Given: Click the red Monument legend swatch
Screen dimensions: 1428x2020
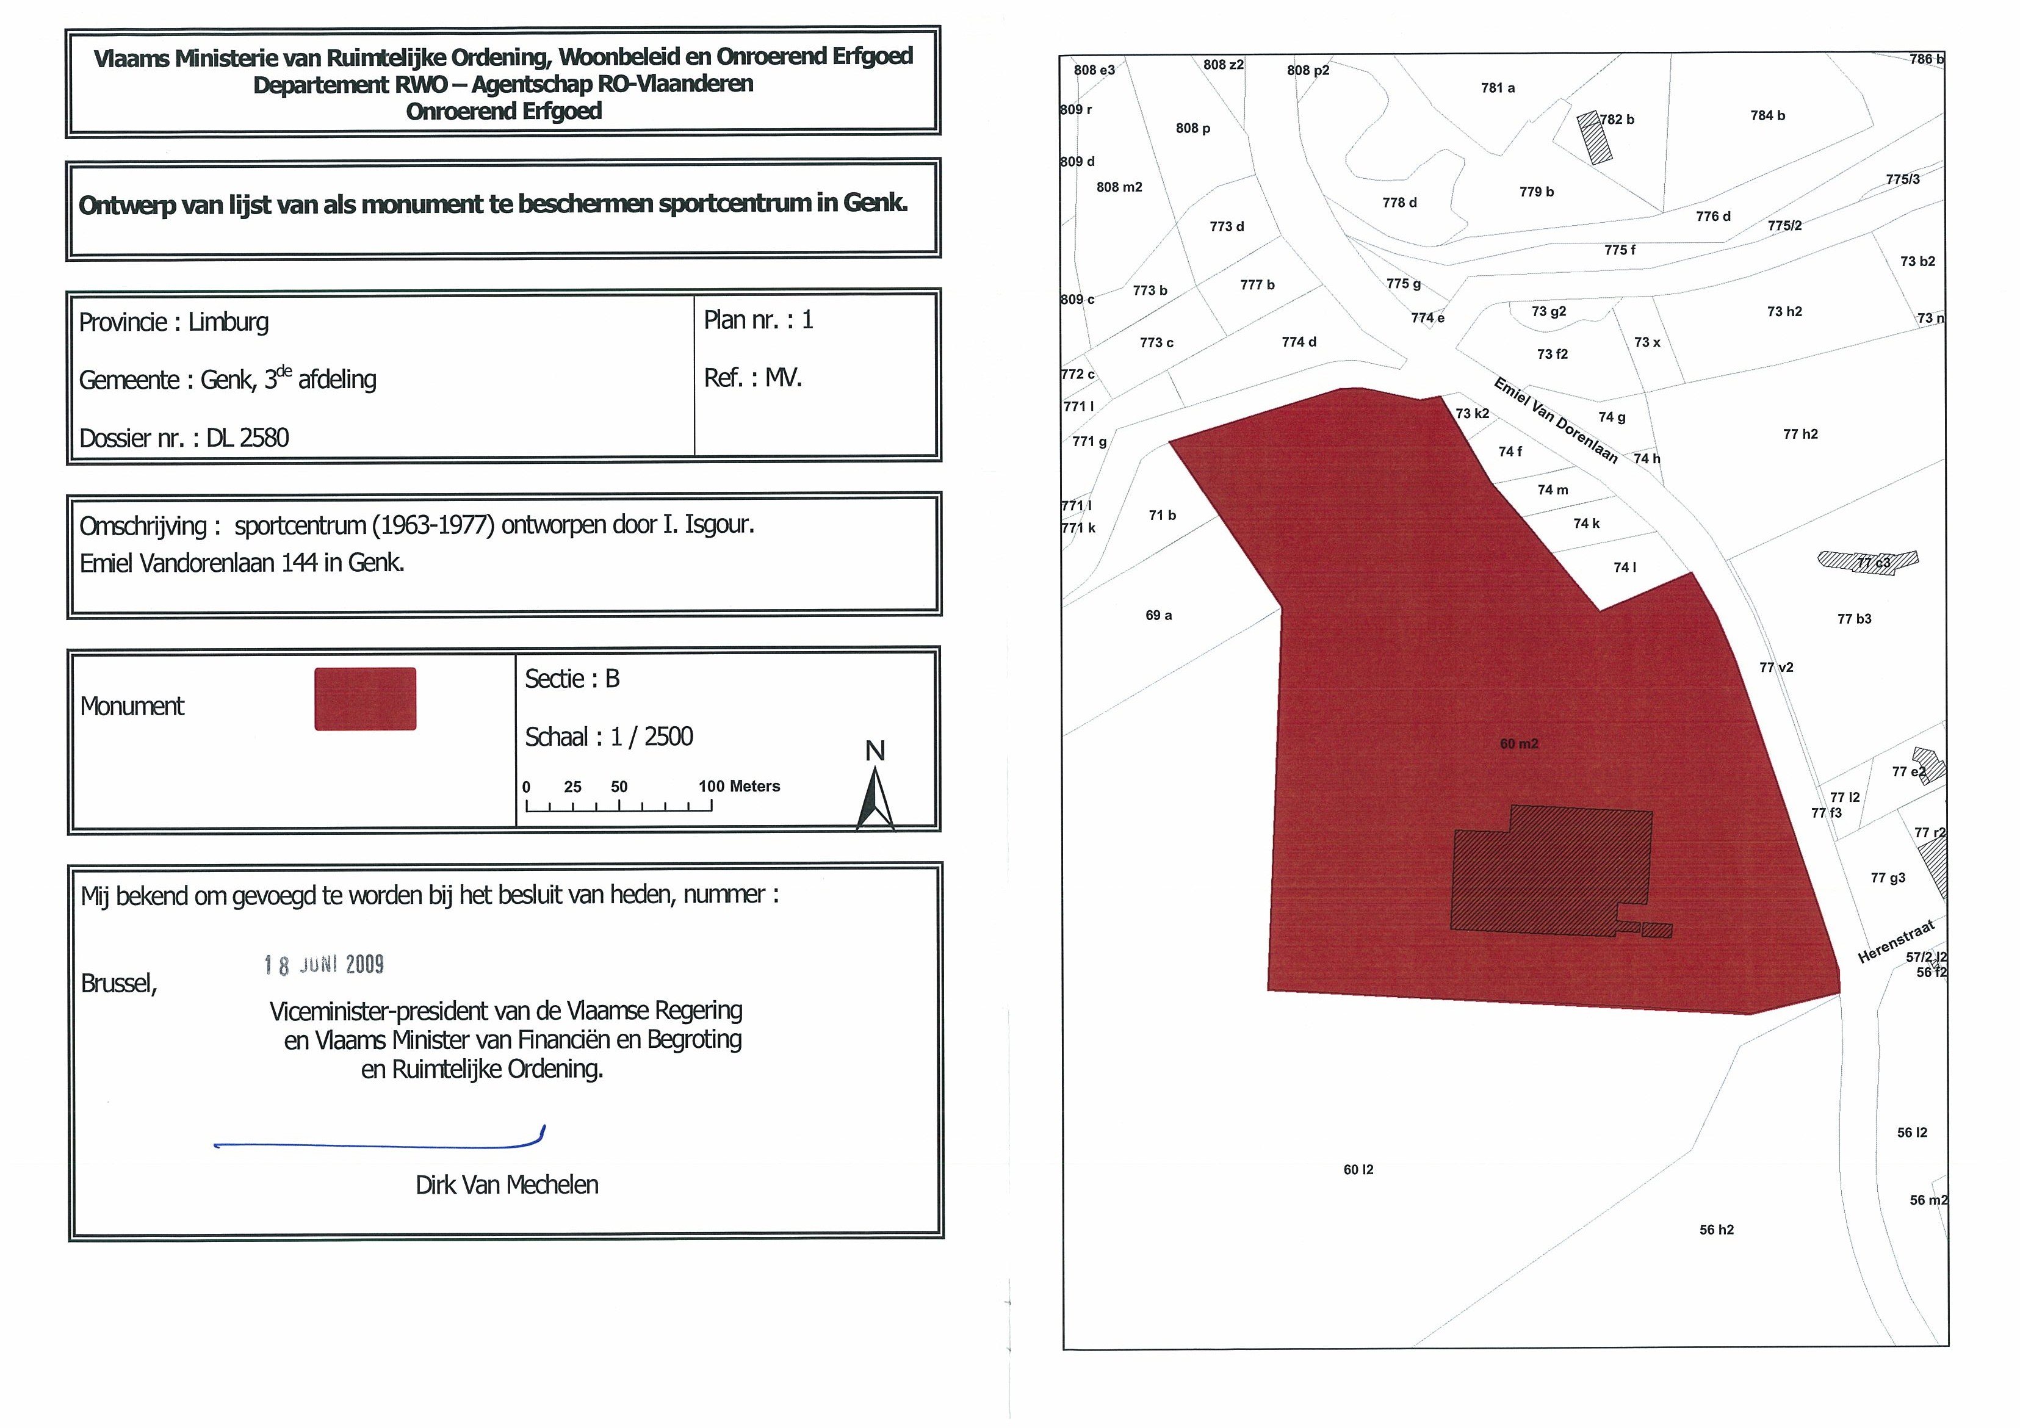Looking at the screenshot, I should (x=365, y=699).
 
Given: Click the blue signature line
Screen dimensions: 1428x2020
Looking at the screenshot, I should (x=378, y=1144).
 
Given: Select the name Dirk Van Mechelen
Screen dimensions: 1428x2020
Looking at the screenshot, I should (x=507, y=1185).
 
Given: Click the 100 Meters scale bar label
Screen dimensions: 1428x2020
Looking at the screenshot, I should (x=738, y=787).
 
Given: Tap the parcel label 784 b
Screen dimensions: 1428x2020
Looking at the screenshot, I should (x=1767, y=115).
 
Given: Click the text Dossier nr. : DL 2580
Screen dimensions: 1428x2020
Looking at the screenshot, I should (x=184, y=438).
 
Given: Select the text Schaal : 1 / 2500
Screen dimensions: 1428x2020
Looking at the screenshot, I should (x=609, y=737).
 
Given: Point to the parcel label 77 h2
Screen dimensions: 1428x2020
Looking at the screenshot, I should (x=1800, y=434).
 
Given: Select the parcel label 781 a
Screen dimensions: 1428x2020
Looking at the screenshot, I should (x=1498, y=88).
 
